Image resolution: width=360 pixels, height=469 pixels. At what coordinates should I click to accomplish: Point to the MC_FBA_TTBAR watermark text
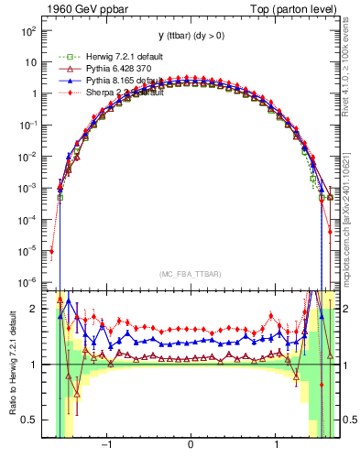pos(190,274)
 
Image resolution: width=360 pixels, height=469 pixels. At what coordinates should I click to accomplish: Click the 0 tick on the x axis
pos(190,445)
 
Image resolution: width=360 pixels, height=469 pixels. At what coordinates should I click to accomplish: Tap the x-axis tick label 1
pos(277,445)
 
